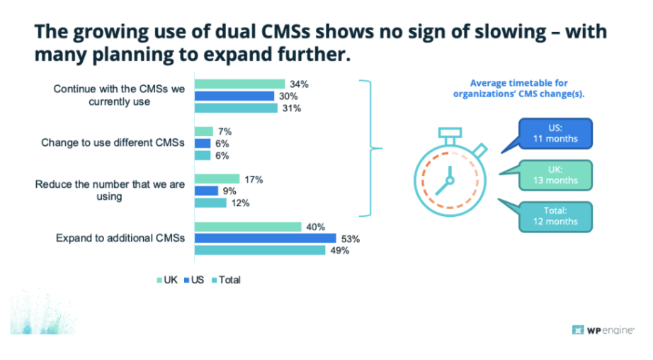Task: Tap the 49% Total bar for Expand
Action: tap(260, 250)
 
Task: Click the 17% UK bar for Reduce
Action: tap(217, 179)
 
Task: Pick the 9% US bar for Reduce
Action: tap(206, 191)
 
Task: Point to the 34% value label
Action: tap(300, 84)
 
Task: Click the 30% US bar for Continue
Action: tap(234, 96)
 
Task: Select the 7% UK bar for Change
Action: tap(203, 131)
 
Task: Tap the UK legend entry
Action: tap(166, 280)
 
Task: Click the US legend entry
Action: tap(194, 280)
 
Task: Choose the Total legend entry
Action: tap(225, 280)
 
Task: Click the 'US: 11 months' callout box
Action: tap(556, 134)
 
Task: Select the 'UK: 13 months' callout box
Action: tap(556, 174)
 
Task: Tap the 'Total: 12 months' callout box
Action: tap(556, 215)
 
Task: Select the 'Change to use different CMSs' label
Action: tap(113, 143)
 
